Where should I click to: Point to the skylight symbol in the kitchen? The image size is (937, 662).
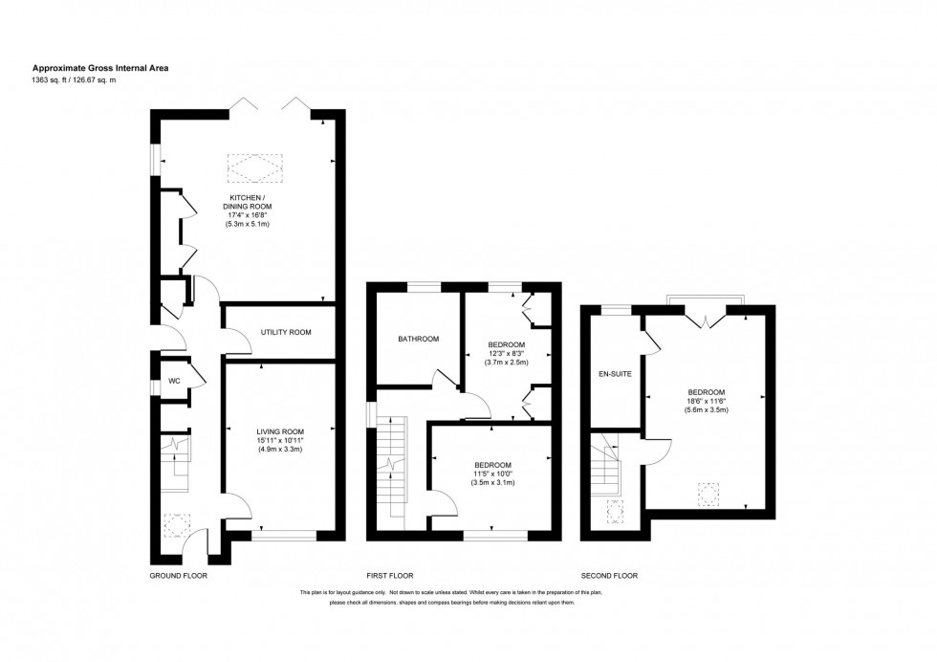coord(254,169)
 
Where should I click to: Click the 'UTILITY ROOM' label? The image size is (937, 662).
coord(286,332)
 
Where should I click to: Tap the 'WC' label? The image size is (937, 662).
coord(174,381)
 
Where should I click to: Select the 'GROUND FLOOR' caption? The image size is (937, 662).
coord(178,576)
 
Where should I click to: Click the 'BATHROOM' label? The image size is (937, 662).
coord(419,339)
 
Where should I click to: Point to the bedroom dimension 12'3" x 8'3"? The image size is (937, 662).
coord(507,353)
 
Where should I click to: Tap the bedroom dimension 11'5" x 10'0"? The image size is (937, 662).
coord(492,474)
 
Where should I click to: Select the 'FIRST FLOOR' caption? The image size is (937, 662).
coord(390,576)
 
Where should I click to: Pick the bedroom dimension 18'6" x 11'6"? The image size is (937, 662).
coord(706,401)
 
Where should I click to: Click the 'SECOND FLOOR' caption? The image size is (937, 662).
coord(609,576)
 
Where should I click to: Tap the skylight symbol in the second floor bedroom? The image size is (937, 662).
coord(708,494)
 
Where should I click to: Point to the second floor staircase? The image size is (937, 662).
coord(606,471)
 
